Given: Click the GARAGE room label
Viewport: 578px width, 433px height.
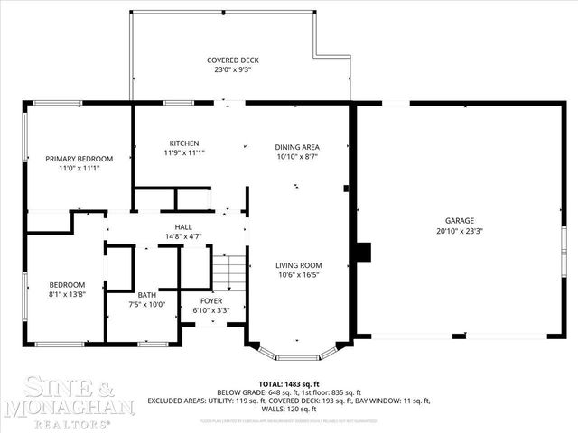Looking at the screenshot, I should [459, 221].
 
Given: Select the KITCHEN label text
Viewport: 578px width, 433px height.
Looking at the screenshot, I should [184, 143].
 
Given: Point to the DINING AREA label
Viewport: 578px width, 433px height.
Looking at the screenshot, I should [297, 147].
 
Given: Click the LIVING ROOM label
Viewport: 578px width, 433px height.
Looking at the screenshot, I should [298, 265].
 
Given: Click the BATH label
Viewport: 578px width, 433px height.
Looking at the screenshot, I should [146, 295].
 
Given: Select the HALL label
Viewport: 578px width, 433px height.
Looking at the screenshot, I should [183, 226].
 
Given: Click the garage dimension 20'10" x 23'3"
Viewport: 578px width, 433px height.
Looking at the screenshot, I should [459, 231].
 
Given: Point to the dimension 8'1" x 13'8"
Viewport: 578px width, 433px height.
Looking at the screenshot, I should [67, 294].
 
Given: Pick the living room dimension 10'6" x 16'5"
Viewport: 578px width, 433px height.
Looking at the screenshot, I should [298, 275].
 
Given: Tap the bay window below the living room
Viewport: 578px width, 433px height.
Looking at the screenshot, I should [297, 350].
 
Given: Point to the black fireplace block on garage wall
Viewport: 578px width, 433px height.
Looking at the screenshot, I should [364, 252].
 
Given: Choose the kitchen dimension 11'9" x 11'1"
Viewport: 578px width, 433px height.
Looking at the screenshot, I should [184, 152].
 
